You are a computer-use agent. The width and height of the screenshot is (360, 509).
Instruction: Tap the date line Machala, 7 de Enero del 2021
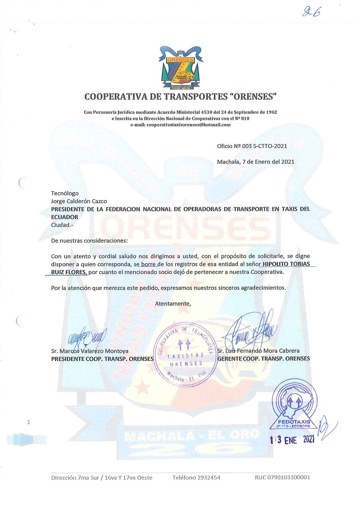pyautogui.click(x=255, y=162)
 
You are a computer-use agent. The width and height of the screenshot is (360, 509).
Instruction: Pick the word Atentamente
pyautogui.click(x=173, y=303)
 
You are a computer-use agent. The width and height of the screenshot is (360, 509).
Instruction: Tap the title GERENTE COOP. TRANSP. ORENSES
pyautogui.click(x=263, y=358)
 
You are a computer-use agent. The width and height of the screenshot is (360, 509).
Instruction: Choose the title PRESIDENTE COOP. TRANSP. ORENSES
pyautogui.click(x=102, y=358)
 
